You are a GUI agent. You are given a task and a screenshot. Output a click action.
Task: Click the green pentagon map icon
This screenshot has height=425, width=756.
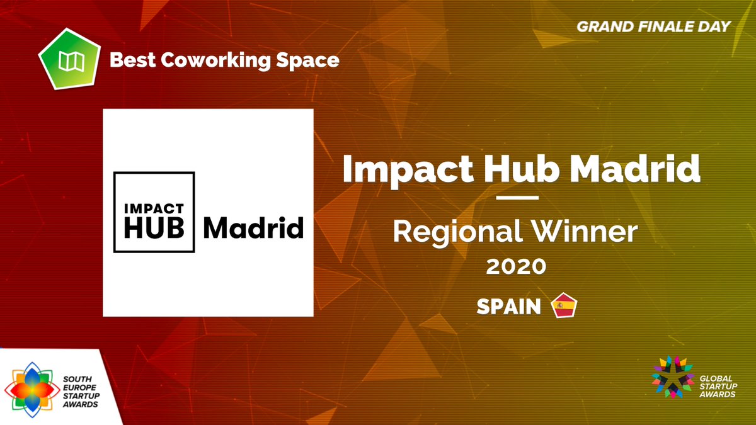click(x=67, y=60)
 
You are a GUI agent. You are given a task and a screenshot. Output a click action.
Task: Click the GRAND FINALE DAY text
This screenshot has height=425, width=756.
click(x=653, y=26)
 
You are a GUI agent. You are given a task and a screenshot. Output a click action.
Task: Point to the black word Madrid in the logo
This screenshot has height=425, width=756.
click(x=253, y=228)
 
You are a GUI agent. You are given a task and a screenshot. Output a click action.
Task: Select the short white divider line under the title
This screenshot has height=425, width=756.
click(x=517, y=198)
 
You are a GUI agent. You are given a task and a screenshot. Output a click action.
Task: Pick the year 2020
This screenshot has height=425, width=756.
click(x=515, y=267)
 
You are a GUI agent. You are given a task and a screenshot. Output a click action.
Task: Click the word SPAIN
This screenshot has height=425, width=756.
click(x=508, y=307)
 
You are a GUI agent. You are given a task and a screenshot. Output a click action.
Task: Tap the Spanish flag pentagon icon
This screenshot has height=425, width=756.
click(x=564, y=306)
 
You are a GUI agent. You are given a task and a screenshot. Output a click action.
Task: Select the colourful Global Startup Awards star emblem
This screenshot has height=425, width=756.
click(x=672, y=377)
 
